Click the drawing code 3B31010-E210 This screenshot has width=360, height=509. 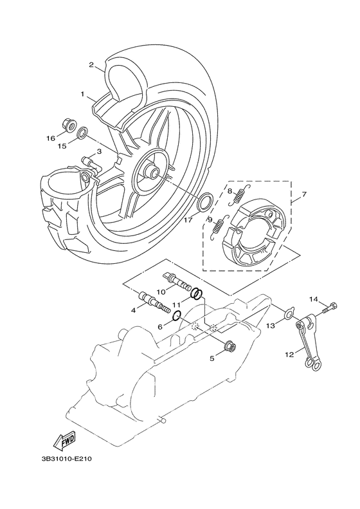[x=67, y=459]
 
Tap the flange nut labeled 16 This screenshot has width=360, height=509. [x=69, y=126]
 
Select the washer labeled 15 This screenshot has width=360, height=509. [x=83, y=133]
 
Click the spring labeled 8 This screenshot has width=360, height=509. [x=240, y=194]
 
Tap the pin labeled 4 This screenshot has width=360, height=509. [x=154, y=302]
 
